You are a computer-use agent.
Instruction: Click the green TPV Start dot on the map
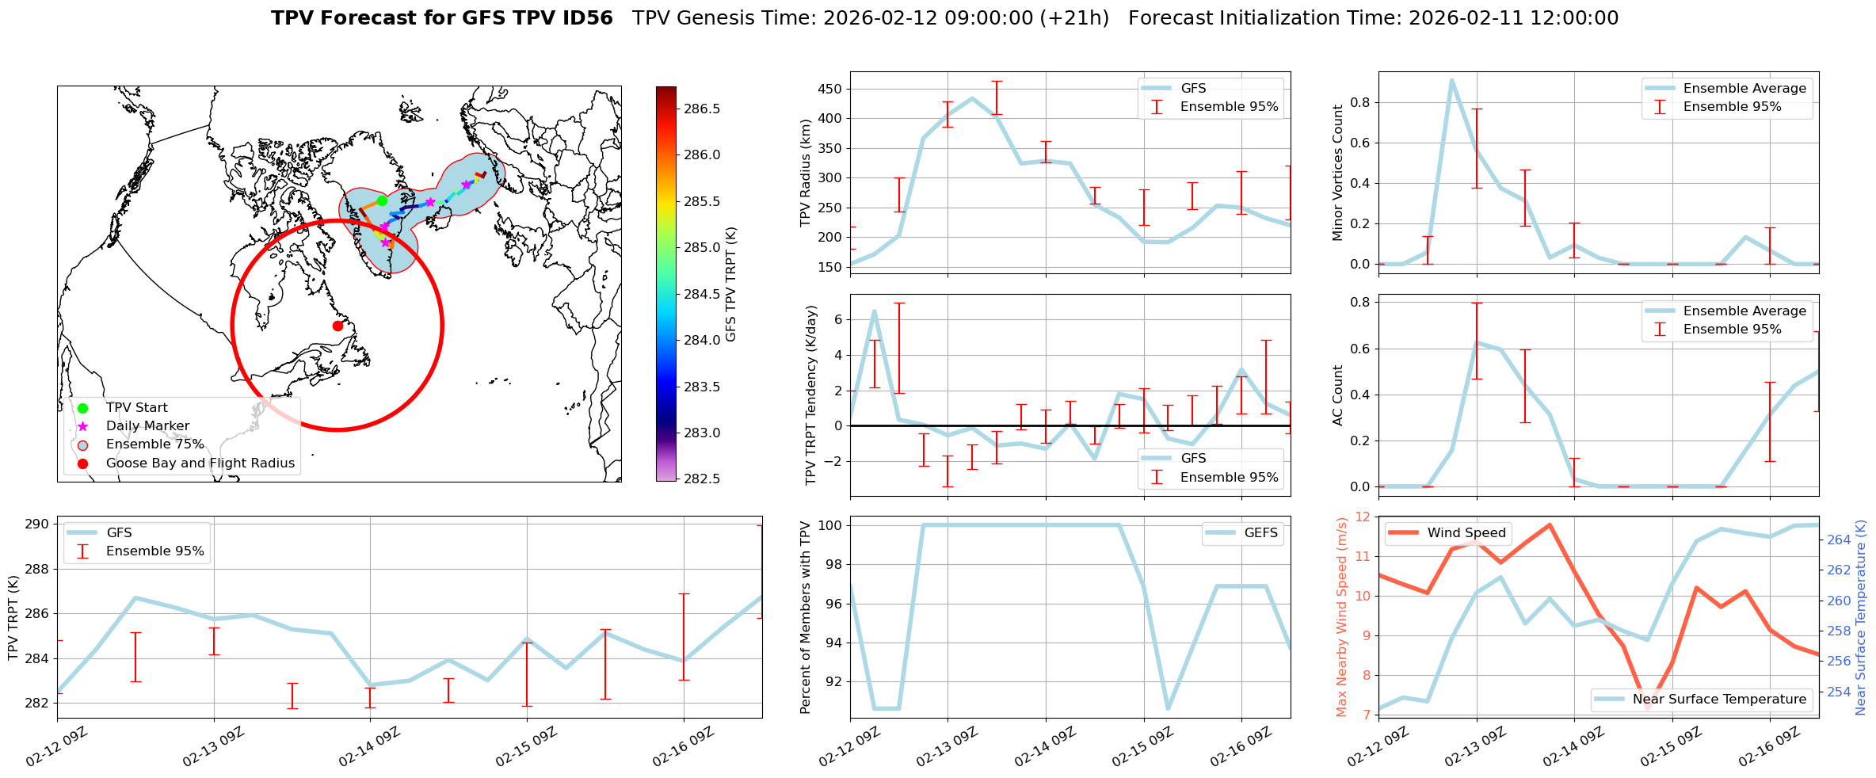[382, 200]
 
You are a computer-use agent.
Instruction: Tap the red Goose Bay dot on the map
[337, 326]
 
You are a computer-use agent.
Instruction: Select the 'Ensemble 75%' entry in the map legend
[154, 444]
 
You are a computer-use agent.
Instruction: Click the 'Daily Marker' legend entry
[147, 426]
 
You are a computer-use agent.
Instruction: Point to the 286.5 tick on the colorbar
[702, 109]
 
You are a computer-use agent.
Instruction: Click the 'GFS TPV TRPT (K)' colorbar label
[730, 284]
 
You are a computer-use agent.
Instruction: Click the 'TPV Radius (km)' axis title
[806, 173]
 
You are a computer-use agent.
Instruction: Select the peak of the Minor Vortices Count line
[1451, 79]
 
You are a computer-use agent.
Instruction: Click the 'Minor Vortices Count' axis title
[1337, 173]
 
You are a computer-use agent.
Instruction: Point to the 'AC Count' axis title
[1337, 395]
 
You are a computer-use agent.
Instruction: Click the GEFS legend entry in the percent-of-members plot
[1260, 533]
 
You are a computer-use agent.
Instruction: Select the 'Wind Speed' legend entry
[1466, 533]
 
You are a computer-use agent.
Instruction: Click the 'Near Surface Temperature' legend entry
[1718, 700]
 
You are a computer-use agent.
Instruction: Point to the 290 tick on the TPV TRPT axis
[39, 524]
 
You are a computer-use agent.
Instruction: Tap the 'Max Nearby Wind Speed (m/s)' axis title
[1341, 617]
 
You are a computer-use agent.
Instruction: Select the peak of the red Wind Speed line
[1550, 524]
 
